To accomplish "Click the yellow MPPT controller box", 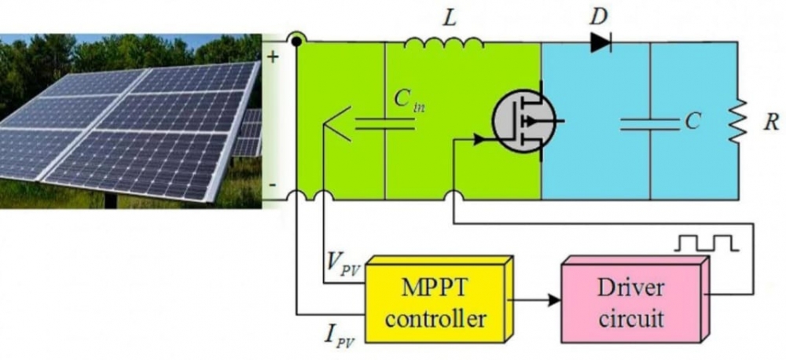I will (435, 299).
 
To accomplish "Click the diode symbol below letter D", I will (601, 42).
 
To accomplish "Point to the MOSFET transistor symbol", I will (520, 119).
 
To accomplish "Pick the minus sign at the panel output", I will (272, 186).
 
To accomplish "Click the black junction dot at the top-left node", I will (296, 42).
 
